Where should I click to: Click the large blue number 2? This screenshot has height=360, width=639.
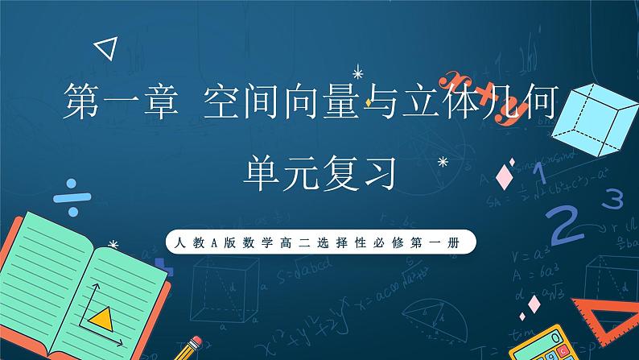pos(569,224)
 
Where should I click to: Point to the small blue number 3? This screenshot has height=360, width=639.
pos(616,196)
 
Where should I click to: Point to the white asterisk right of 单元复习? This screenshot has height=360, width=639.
pos(442,162)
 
